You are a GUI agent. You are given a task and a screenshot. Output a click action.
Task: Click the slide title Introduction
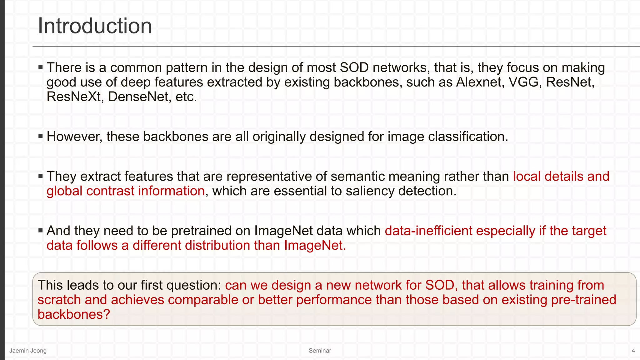coord(95,26)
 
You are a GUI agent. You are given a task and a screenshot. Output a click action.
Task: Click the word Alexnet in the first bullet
coord(480,82)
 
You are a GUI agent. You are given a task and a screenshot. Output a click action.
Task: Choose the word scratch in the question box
coord(59,300)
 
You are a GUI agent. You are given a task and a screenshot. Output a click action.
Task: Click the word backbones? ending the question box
coord(74,314)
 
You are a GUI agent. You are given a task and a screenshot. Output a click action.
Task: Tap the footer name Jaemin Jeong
coord(28,351)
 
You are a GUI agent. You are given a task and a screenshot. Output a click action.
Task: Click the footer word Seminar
coord(320,351)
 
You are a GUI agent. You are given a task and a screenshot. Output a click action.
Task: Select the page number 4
coord(633,351)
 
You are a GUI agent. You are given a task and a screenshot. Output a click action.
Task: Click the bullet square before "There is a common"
coord(40,67)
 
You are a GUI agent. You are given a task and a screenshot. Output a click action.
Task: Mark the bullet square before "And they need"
coord(40,231)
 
